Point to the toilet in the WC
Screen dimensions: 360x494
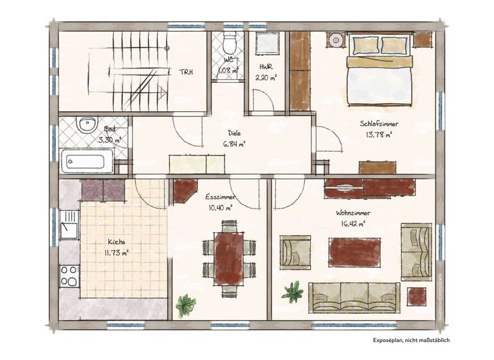click(229, 45)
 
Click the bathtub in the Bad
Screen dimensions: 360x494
click(86, 161)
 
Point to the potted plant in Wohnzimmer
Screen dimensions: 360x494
click(293, 292)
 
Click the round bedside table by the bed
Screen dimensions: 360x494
click(336, 40)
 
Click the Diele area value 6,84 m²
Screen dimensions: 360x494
click(234, 144)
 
